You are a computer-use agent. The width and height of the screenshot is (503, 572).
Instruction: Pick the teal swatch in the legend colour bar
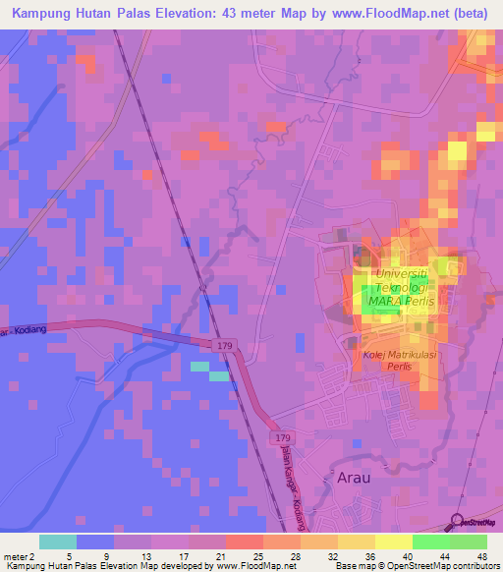(x=58, y=542)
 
